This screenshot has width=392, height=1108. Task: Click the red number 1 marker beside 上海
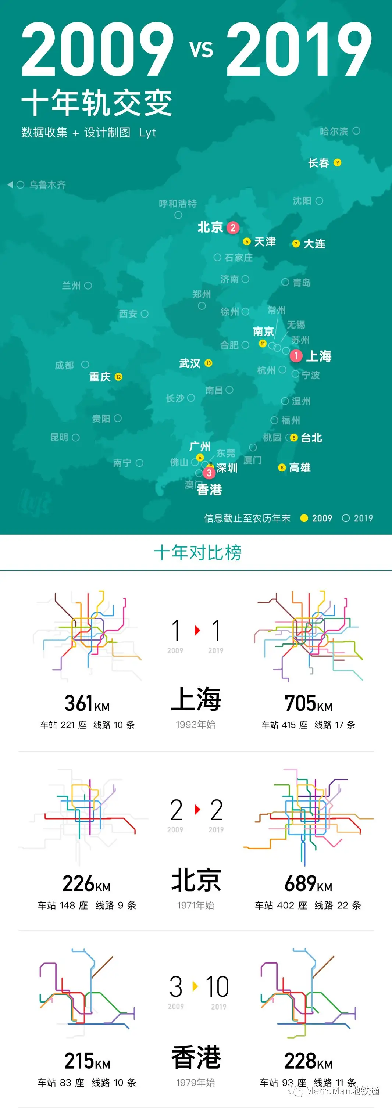tap(296, 356)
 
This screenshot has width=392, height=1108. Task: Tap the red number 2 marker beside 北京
tap(233, 227)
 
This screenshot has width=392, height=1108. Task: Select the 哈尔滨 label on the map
tap(334, 131)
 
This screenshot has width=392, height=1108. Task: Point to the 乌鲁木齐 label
tap(47, 185)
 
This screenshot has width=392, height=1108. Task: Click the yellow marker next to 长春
tap(337, 162)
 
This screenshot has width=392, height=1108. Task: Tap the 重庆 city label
tap(100, 377)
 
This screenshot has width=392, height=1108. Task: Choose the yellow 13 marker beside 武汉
tap(208, 363)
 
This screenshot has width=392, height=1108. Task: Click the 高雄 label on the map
tap(300, 467)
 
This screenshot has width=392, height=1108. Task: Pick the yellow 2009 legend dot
tap(304, 518)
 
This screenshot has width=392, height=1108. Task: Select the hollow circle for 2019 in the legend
tap(346, 518)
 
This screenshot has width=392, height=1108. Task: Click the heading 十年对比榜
tap(197, 552)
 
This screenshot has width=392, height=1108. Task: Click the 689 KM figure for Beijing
tap(308, 883)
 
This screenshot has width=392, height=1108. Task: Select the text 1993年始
tap(195, 724)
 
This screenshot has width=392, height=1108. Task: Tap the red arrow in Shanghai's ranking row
tap(197, 630)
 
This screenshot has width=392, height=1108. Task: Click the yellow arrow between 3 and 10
tap(195, 986)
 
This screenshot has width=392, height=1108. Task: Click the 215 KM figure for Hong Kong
tap(87, 1061)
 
